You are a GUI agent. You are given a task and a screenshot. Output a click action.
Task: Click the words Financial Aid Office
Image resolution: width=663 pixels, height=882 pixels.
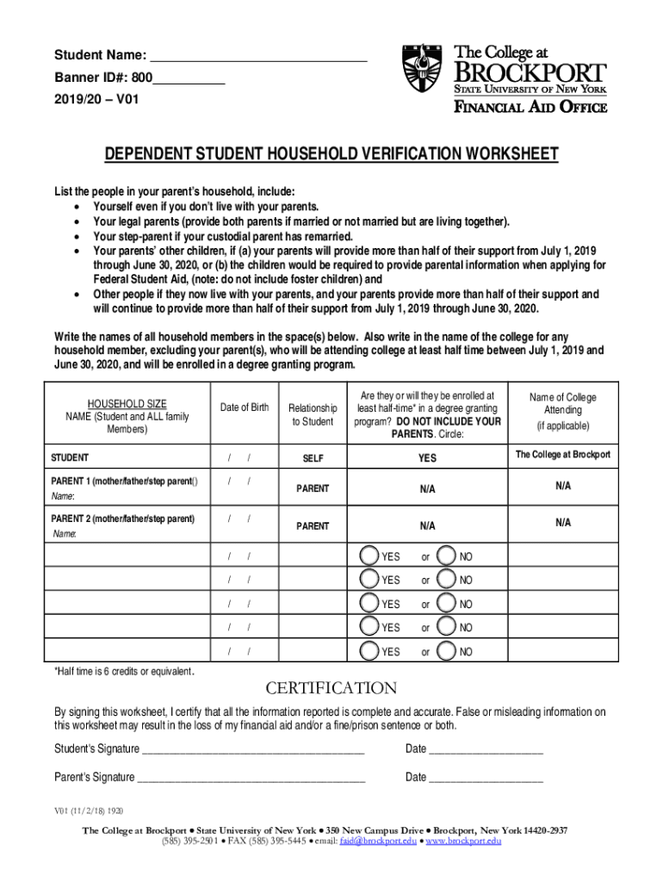(x=530, y=108)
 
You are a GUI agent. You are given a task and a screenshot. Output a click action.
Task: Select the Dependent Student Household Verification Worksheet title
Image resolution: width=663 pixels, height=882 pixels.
(x=331, y=155)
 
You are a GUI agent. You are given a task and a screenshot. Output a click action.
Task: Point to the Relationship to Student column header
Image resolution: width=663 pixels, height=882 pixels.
(x=312, y=414)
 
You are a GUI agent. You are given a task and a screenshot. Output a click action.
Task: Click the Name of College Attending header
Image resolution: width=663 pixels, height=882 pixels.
(x=562, y=411)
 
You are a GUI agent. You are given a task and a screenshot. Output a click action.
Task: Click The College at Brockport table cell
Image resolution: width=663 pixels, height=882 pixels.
(x=562, y=455)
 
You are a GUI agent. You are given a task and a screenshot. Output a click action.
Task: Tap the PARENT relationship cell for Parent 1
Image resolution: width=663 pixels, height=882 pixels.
(x=312, y=488)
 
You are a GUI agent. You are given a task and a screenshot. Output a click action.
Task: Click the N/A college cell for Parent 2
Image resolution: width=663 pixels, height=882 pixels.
(x=562, y=522)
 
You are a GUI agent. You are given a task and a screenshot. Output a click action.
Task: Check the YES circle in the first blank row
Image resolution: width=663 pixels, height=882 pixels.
(x=369, y=556)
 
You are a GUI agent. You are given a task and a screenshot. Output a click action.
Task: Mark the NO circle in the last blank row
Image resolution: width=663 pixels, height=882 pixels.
(x=447, y=652)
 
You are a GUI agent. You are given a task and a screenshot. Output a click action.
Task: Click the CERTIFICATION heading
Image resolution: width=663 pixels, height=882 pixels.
(x=331, y=688)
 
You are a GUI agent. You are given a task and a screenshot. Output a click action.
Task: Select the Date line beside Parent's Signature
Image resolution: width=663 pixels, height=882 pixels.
(x=486, y=777)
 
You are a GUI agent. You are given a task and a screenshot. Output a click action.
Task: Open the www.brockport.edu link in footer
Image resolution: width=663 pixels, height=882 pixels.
(x=463, y=841)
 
